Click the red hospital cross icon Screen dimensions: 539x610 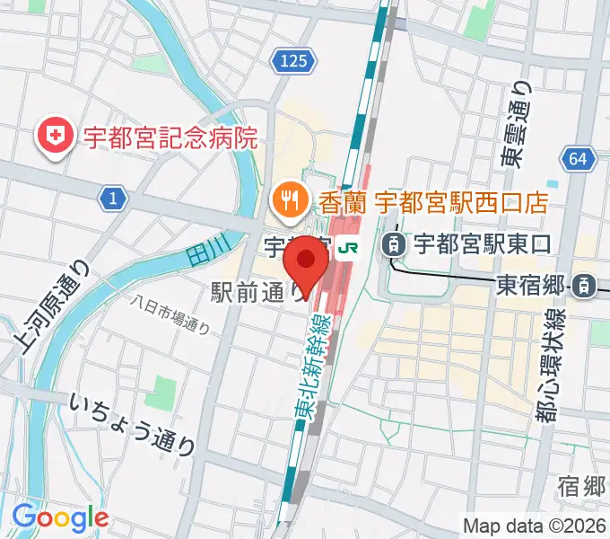[54, 137]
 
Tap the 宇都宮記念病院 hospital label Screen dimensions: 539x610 [170, 138]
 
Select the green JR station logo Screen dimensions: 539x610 [350, 244]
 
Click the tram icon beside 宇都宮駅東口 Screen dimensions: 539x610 [393, 243]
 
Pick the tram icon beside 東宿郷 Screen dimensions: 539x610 [583, 287]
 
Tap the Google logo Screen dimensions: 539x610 [59, 517]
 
